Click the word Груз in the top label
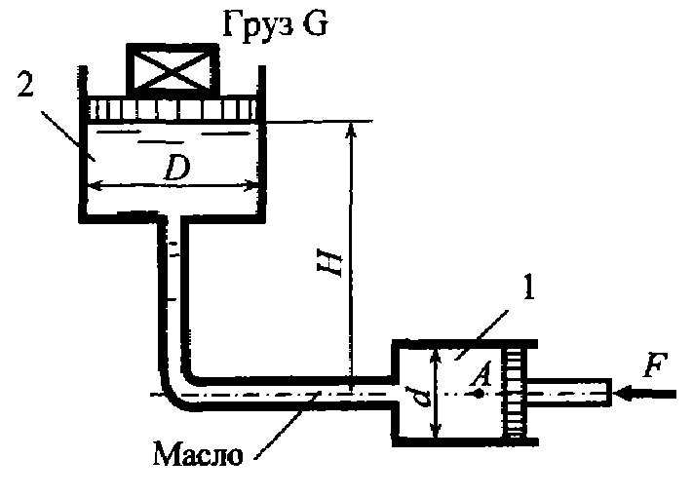tap(257, 25)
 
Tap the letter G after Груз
tap(315, 23)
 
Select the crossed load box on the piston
tap(173, 71)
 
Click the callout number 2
tap(25, 85)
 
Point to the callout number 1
tap(527, 287)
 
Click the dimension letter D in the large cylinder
tap(176, 169)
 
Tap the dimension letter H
tap(332, 265)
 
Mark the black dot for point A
tap(480, 394)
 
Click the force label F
tap(655, 364)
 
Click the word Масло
tap(198, 453)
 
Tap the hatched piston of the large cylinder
tap(173, 109)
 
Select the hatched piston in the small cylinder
tap(515, 392)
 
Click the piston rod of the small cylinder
tap(569, 393)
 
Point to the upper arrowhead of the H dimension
tap(351, 130)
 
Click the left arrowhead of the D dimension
tap(94, 186)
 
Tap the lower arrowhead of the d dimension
tap(437, 430)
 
